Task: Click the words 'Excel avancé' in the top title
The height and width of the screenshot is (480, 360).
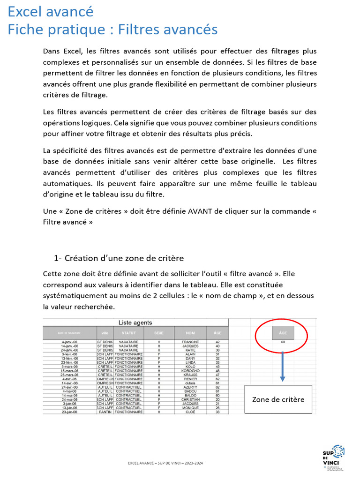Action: [x=51, y=11]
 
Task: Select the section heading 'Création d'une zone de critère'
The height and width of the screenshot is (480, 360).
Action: [x=124, y=258]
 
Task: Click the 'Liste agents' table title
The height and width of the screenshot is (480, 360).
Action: [x=135, y=322]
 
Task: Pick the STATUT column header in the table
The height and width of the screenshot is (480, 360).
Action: [x=128, y=333]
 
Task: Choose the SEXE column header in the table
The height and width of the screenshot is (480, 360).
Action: [x=159, y=333]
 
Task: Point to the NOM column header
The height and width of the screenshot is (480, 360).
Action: [x=190, y=333]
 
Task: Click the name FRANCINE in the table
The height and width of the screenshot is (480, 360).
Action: [x=190, y=342]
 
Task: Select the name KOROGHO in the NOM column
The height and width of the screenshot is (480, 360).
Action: [x=190, y=371]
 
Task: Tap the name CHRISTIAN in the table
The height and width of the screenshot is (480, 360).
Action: [x=190, y=399]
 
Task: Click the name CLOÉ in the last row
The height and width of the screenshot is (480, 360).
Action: [x=190, y=412]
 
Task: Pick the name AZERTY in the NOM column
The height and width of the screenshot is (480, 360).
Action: [x=190, y=387]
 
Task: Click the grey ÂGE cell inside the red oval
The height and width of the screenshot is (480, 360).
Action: [x=283, y=332]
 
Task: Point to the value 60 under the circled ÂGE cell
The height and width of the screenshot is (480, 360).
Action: [x=283, y=342]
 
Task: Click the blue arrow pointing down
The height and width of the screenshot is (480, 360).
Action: [x=283, y=366]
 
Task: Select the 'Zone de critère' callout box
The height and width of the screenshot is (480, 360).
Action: [x=278, y=399]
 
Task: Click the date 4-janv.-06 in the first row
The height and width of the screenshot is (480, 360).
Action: [x=69, y=342]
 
